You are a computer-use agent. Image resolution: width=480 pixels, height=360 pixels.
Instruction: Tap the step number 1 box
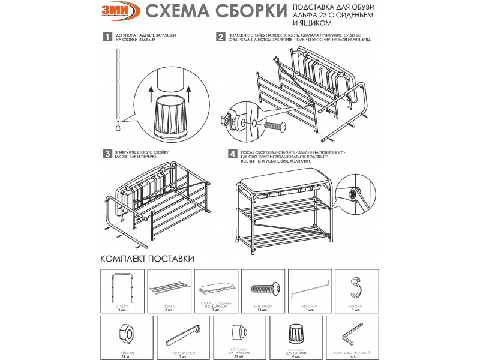[x=107, y=38]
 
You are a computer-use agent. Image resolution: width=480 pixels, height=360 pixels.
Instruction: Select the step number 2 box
[x=221, y=37]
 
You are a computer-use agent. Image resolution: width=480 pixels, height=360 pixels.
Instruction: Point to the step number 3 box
[x=107, y=154]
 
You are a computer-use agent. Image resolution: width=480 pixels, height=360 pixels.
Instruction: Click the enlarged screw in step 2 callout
[x=273, y=128]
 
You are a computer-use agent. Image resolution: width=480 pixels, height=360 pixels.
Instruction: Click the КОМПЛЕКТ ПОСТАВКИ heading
[x=147, y=259]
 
